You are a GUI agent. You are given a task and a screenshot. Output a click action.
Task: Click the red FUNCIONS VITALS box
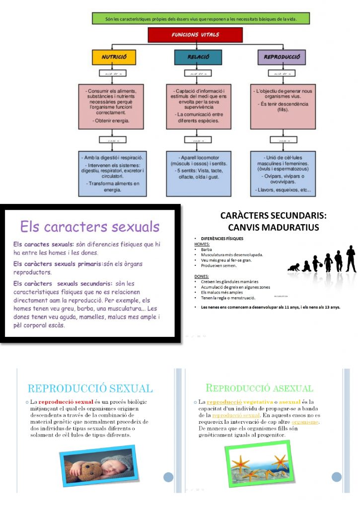click(195, 35)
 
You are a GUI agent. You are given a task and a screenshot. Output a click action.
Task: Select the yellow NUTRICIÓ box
click(114, 58)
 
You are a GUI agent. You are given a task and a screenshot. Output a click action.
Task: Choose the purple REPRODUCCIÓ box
click(282, 58)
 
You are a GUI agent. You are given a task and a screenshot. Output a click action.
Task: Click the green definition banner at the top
click(201, 19)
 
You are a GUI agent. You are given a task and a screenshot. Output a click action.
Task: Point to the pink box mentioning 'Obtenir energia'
click(114, 106)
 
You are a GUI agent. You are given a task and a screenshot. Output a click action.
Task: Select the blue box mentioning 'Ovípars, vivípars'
click(282, 173)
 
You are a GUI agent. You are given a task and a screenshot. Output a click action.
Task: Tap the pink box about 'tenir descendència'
click(282, 106)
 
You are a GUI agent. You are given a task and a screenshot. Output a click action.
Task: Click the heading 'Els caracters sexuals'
click(90, 227)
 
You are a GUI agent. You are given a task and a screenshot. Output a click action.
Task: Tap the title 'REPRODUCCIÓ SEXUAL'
click(90, 388)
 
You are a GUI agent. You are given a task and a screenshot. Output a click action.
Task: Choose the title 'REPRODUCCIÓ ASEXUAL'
click(259, 388)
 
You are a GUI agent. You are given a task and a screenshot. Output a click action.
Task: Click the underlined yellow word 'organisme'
click(305, 422)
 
